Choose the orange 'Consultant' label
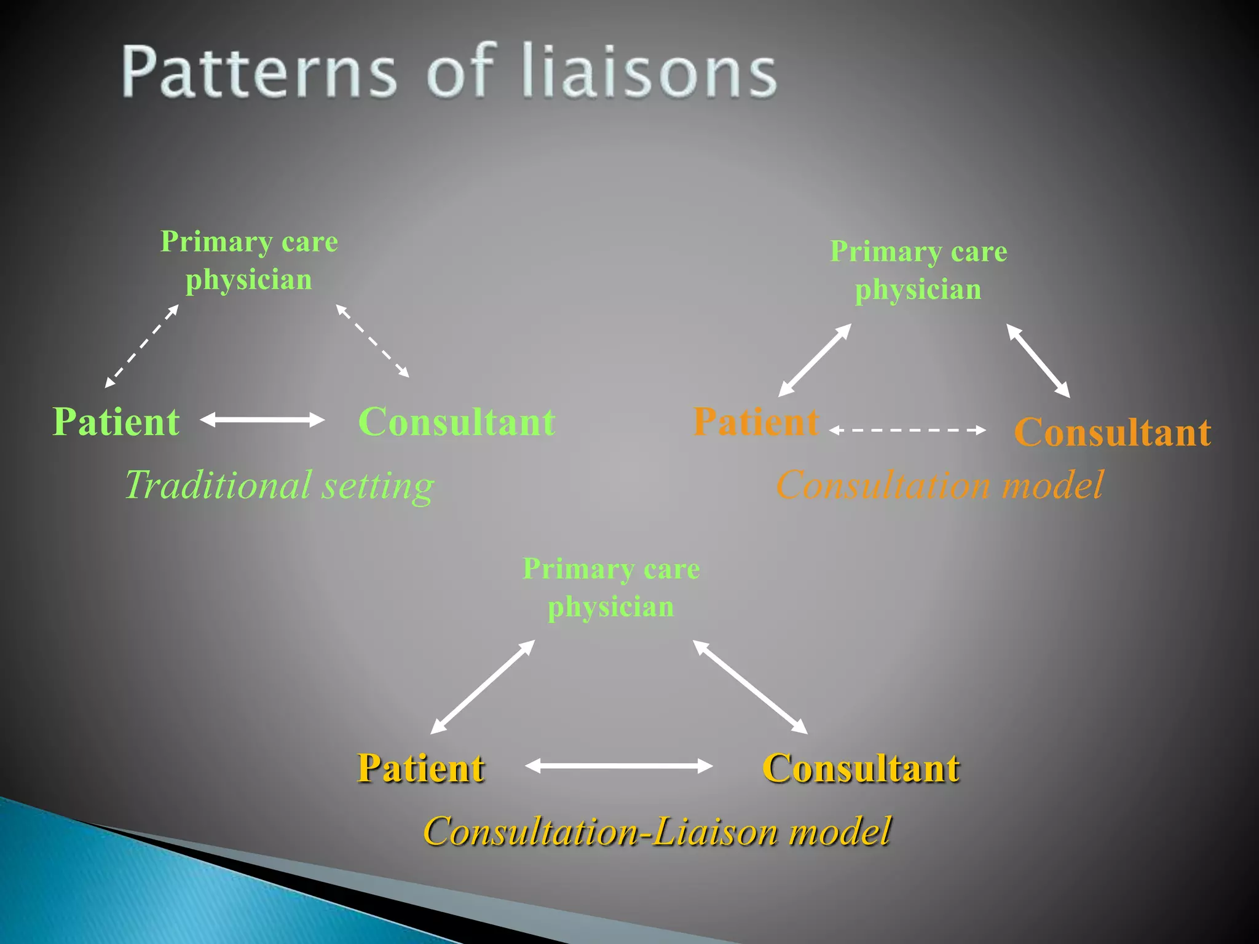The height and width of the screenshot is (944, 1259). coord(1112,431)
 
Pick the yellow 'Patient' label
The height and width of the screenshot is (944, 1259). coord(421,768)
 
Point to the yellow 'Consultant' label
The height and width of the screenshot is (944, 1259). coord(861,768)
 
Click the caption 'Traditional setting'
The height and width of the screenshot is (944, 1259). coord(280,485)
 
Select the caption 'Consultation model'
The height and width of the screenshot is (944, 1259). coord(939,485)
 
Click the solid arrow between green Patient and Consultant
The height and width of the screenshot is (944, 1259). coord(262,420)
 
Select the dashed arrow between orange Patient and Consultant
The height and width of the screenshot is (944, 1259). coord(907,430)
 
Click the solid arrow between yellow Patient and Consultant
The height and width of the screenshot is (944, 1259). coord(618,766)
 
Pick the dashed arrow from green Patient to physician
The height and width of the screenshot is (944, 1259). coord(141,346)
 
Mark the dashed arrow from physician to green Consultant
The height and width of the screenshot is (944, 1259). coord(373,340)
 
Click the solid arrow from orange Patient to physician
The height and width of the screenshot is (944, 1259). coord(815,360)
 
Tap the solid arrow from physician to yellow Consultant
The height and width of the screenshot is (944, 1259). coord(750,687)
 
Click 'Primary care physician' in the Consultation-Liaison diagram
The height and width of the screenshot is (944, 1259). coord(611,588)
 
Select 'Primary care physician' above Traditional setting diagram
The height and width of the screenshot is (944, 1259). coord(249,260)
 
